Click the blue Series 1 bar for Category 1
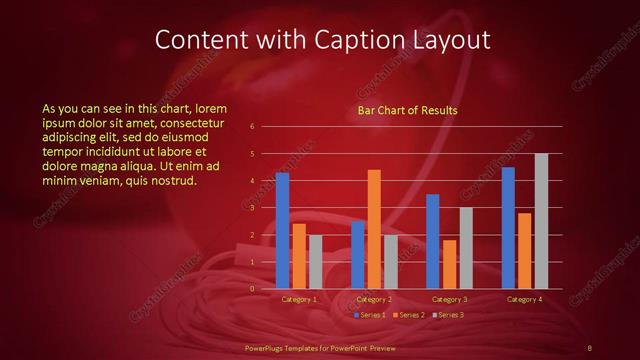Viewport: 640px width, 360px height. (282, 230)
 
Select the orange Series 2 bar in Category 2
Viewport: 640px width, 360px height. (374, 229)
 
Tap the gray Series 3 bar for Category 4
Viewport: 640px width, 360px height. (541, 221)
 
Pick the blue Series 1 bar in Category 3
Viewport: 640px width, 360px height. (432, 241)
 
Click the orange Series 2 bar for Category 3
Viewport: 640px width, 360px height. (449, 264)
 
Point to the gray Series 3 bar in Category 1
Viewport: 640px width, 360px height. (315, 261)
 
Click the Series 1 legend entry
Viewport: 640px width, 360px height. (372, 315)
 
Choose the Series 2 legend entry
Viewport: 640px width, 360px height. (410, 315)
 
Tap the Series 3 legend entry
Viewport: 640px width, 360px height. (448, 315)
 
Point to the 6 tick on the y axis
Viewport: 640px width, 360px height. (252, 127)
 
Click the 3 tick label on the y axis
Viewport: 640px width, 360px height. (252, 208)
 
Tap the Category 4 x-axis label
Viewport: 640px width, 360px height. (524, 299)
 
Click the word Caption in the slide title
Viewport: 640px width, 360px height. (343, 40)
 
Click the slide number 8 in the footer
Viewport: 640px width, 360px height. (589, 347)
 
